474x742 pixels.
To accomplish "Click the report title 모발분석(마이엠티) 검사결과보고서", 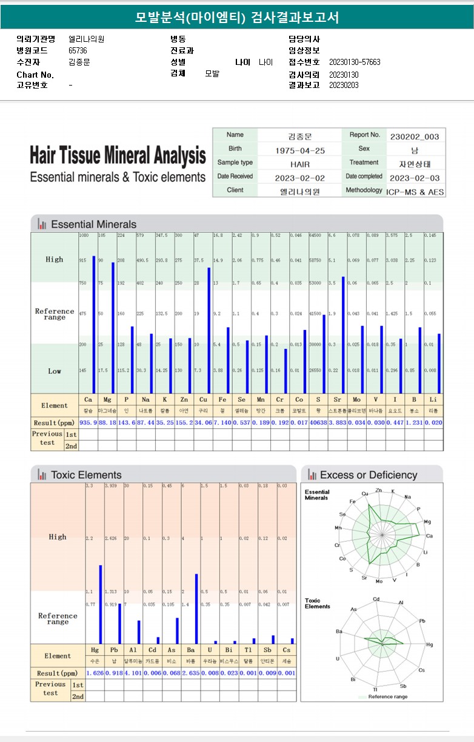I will click(236, 18).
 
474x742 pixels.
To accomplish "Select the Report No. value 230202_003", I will click(415, 137).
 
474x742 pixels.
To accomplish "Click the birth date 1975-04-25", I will click(299, 150).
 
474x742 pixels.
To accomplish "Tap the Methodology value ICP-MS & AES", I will click(415, 191).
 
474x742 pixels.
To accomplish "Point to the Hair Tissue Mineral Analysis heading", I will click(118, 156).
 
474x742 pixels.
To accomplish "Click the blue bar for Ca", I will click(93, 325).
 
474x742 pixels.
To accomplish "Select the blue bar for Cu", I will click(209, 331).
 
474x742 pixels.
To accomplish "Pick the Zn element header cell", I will click(184, 400).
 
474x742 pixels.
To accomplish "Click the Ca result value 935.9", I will click(88, 423).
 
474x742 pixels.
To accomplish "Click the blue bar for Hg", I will click(101, 604).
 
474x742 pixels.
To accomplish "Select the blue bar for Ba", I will click(196, 609).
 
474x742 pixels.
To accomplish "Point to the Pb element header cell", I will click(113, 650).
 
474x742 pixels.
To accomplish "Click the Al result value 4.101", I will click(133, 673).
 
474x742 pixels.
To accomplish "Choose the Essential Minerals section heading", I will click(93, 224).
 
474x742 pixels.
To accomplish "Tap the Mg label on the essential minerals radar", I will click(427, 522).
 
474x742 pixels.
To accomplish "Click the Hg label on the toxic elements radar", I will click(430, 644).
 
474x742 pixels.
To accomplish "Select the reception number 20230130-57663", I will click(355, 62).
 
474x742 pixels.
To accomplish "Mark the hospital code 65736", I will click(78, 50).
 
